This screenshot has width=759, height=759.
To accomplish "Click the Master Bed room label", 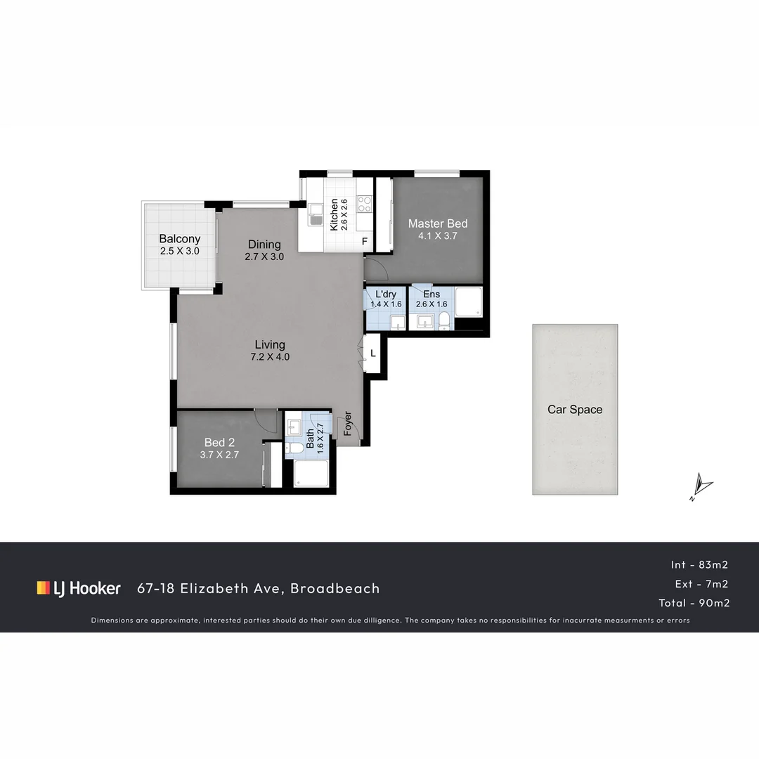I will click(438, 223).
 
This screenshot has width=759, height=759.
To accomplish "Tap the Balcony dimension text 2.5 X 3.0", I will click(179, 251).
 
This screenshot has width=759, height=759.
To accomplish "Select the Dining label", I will click(264, 245).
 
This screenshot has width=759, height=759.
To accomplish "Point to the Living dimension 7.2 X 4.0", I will click(270, 356).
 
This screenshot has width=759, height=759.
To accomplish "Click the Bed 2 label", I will click(219, 442).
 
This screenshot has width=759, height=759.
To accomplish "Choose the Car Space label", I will click(575, 410).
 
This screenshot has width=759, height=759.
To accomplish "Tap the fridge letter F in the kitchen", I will click(364, 242).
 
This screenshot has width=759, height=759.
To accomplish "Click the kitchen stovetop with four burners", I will click(364, 204).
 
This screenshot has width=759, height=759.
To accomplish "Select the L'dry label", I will click(386, 294).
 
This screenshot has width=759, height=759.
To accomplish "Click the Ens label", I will click(431, 294).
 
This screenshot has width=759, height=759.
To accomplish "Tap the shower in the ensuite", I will click(468, 302).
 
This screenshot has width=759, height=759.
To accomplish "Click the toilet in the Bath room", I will click(295, 448).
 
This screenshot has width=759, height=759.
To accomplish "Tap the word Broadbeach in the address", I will click(335, 588).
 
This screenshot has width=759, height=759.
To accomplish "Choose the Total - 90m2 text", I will click(693, 603).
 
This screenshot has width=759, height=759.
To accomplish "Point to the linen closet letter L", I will click(373, 352).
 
